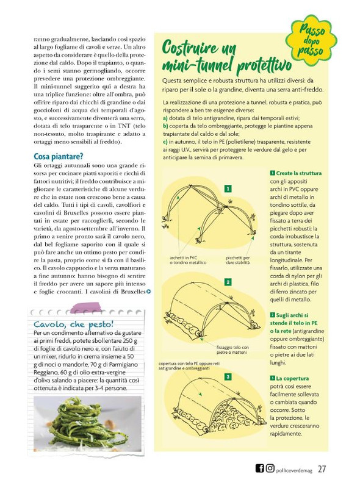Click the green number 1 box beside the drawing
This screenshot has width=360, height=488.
click(227, 189)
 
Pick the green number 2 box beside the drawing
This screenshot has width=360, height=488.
click(227, 282)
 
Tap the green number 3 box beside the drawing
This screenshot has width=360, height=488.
click(227, 378)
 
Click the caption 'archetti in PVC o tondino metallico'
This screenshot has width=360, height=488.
click(187, 260)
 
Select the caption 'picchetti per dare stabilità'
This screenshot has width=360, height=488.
click(238, 260)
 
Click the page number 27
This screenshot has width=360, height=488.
click(322, 468)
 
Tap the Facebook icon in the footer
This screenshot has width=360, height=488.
click(259, 468)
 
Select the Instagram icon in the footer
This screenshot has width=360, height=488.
click(270, 468)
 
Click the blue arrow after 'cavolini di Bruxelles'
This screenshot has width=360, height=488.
click(149, 292)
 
